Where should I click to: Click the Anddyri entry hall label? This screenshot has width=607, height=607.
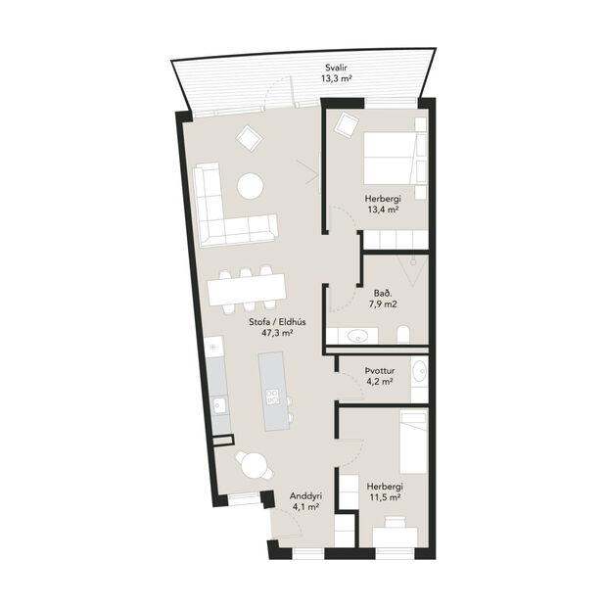(x=304, y=501)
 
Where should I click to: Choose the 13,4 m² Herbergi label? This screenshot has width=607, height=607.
(x=384, y=204)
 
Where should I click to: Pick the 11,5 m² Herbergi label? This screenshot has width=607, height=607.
(x=385, y=491)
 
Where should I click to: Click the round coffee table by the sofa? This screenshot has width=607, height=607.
(x=251, y=185)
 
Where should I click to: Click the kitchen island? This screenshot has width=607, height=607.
(x=274, y=390)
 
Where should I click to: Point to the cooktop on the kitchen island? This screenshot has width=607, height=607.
(x=273, y=397)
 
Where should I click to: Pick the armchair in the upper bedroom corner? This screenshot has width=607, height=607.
(x=346, y=124)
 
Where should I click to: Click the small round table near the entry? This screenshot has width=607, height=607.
(x=251, y=463)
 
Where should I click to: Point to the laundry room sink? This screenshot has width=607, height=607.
(x=420, y=371)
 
